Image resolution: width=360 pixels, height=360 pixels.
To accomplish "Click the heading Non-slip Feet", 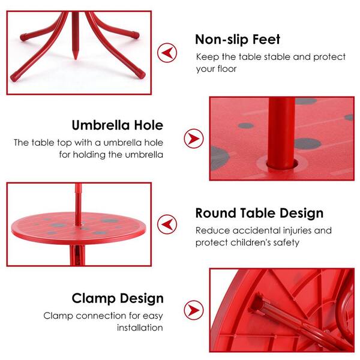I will [238, 40].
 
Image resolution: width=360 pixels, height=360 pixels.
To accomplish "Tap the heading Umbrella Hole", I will [118, 125].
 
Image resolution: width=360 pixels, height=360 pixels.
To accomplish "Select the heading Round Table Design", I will [259, 213].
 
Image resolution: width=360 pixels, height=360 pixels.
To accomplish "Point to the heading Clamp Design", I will [118, 298].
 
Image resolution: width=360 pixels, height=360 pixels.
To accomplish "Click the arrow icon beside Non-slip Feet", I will [167, 53].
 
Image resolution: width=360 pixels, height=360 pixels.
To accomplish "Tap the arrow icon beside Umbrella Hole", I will [193, 139].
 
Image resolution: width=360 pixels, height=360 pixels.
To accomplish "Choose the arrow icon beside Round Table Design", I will [167, 224].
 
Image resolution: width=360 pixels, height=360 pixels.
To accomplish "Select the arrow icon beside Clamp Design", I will [193, 310].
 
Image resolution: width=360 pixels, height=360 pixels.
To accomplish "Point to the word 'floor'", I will [227, 68].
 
